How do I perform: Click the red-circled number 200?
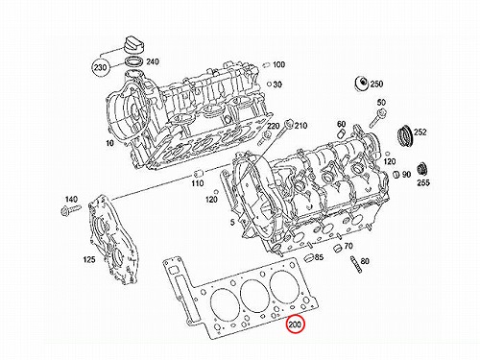(295, 324)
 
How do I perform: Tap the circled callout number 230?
(101, 67)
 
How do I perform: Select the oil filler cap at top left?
(132, 45)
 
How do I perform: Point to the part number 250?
(376, 84)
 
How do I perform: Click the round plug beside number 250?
(362, 84)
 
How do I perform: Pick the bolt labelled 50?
(378, 118)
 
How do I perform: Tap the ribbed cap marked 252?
(404, 136)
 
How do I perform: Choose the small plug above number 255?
(422, 169)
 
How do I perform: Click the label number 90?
(406, 175)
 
